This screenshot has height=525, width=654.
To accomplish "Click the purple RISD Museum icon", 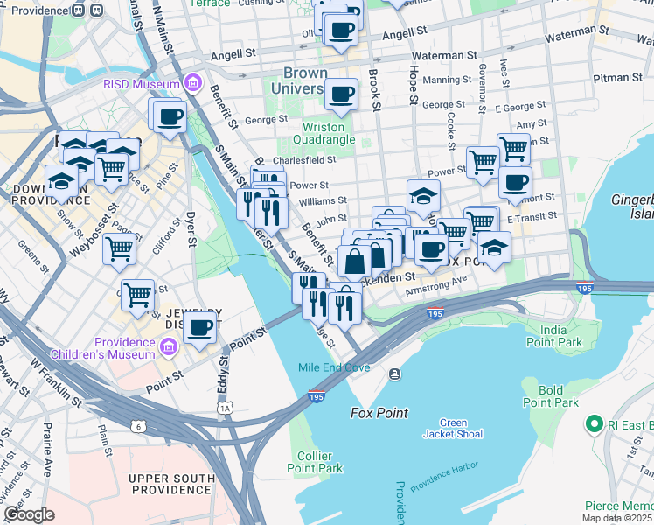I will pos(193,85).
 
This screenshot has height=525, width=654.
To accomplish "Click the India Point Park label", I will pos(560,335).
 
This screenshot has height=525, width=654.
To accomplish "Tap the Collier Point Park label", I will pos(314,462).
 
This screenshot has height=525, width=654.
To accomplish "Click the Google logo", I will pos(29,514).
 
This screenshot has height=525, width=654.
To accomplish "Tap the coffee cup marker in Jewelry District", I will pos(200,329).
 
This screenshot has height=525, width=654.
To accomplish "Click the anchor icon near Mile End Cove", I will pos(395,374).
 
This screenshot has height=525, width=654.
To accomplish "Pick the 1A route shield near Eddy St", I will pos(226,408).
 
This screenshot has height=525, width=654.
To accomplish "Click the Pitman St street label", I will pos(617,79).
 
